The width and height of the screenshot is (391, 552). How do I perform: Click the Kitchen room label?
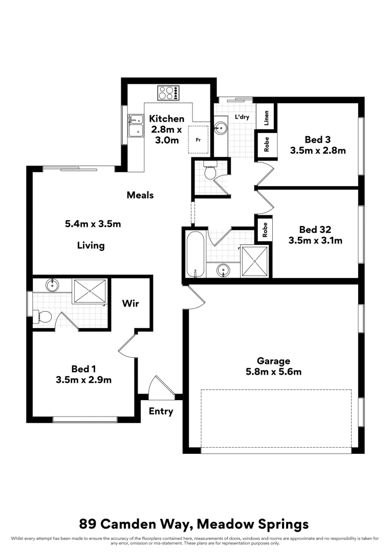point(166,119)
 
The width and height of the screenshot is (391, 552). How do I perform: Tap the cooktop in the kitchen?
point(168,93)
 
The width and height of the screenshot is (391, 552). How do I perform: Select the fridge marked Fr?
point(198,139)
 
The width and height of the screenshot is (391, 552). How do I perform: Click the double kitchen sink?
point(136,125)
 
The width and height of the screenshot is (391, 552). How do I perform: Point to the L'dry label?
point(242,117)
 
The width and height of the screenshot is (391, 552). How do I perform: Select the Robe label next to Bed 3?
point(267,146)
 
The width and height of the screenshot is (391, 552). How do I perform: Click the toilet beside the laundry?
point(210,172)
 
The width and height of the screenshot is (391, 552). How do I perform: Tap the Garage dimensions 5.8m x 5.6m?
point(274,372)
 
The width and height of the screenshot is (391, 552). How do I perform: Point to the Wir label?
point(131,303)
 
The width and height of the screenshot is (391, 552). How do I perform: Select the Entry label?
point(161,411)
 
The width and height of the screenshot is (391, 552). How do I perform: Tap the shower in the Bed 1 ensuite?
point(90,291)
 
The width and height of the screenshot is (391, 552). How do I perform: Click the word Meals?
point(140,195)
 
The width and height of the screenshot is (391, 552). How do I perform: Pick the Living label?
point(91,245)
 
